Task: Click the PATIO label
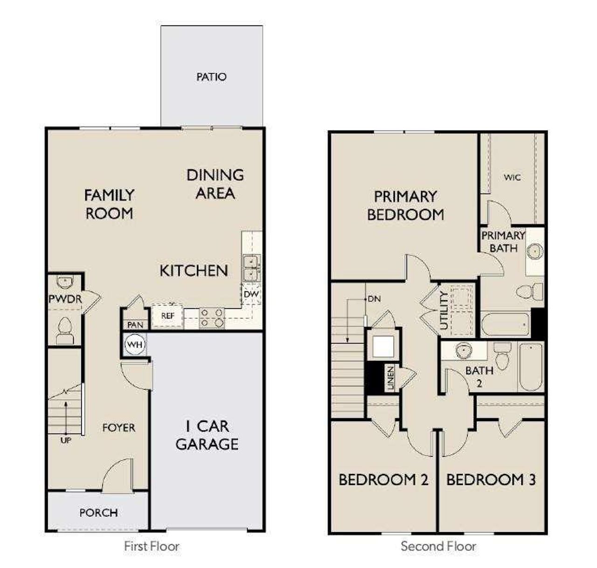pyautogui.click(x=211, y=77)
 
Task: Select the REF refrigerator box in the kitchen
pyautogui.click(x=167, y=316)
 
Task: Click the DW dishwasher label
pyautogui.click(x=251, y=294)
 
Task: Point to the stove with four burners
pyautogui.click(x=211, y=317)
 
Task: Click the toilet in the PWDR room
pyautogui.click(x=64, y=330)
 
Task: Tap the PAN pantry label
pyautogui.click(x=135, y=325)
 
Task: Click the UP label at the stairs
pyautogui.click(x=66, y=440)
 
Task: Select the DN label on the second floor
pyautogui.click(x=374, y=299)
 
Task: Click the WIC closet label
pyautogui.click(x=512, y=178)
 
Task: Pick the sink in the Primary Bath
pyautogui.click(x=535, y=252)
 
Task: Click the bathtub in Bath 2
pyautogui.click(x=530, y=367)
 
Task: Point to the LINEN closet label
pyautogui.click(x=390, y=377)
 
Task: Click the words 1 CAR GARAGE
pyautogui.click(x=207, y=435)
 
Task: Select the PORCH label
pyautogui.click(x=98, y=513)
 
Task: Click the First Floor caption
pyautogui.click(x=152, y=546)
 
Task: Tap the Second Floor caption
pyautogui.click(x=438, y=546)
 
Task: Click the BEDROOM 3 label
pyautogui.click(x=491, y=479)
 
